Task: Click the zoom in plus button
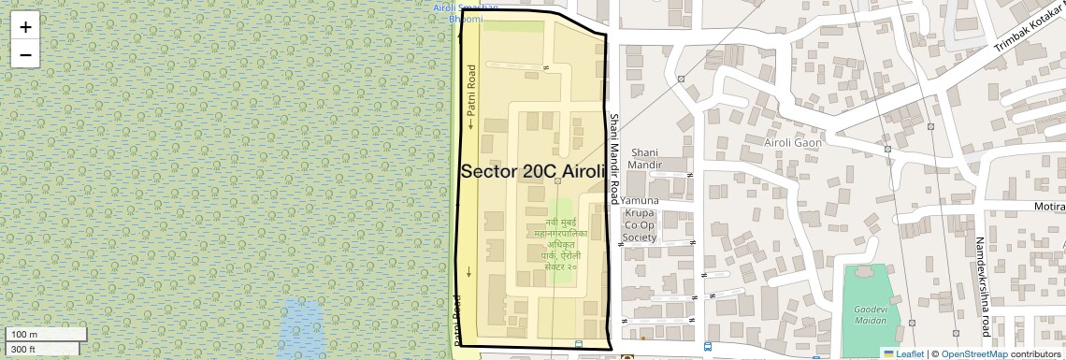pos(25,27)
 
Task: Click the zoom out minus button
pos(25,54)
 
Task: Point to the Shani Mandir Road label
pos(614,158)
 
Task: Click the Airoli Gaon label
pos(792,143)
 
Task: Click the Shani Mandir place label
pos(646,158)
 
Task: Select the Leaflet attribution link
pos(903,353)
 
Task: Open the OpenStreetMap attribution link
pos(973,353)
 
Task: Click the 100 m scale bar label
pos(23,335)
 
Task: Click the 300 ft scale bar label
pos(23,349)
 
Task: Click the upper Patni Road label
pos(471,97)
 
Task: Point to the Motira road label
pos(1048,206)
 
